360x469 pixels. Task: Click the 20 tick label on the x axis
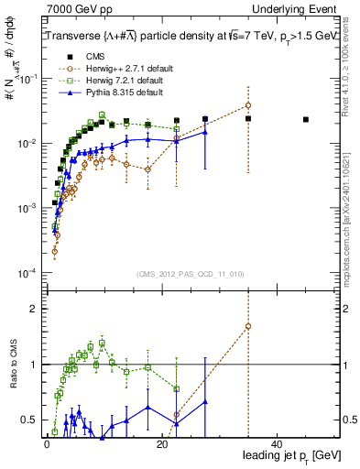(162, 443)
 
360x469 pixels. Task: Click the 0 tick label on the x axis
(47, 443)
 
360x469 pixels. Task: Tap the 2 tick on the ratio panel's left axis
(34, 309)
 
